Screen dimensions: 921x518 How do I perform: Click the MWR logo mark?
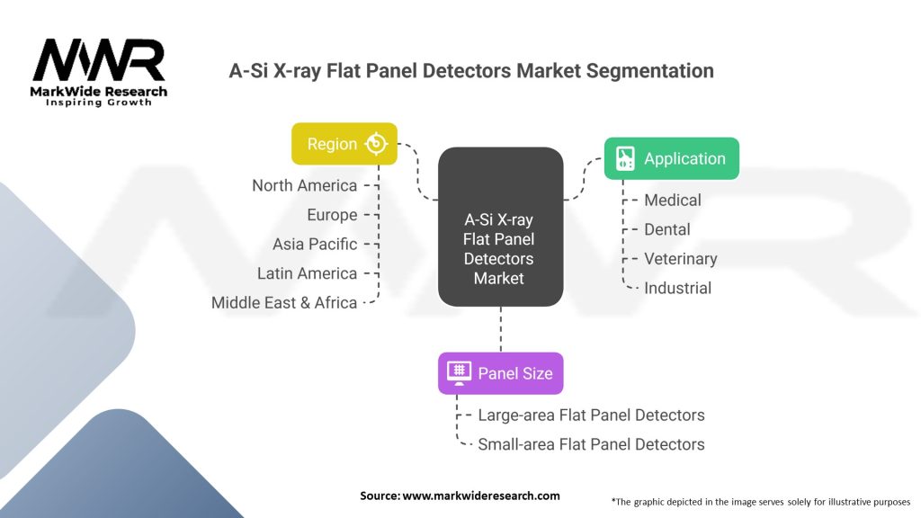click(99, 60)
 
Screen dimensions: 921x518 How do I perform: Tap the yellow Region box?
click(344, 144)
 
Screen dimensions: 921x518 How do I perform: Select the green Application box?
click(671, 158)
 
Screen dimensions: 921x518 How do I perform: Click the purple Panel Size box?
click(500, 373)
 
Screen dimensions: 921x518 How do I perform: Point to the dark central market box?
click(500, 227)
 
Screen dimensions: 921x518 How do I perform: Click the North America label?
click(304, 185)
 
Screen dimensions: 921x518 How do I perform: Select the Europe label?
click(332, 215)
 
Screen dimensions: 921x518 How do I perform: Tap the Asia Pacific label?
click(315, 245)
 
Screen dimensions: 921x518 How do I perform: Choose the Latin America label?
click(308, 273)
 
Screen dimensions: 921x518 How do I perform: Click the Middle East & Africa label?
click(284, 303)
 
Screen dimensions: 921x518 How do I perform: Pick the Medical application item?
click(673, 201)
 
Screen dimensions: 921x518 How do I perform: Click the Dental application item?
click(667, 229)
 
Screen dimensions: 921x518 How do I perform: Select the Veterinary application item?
click(681, 259)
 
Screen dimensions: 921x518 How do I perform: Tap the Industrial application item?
click(678, 289)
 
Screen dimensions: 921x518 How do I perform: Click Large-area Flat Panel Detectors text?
click(591, 415)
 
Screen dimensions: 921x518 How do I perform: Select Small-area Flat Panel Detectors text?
click(591, 444)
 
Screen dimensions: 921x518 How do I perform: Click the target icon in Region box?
click(376, 144)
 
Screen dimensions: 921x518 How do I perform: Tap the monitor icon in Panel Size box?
click(459, 373)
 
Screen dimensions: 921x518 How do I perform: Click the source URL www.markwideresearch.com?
click(481, 496)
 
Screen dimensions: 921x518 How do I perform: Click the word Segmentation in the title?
click(649, 71)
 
